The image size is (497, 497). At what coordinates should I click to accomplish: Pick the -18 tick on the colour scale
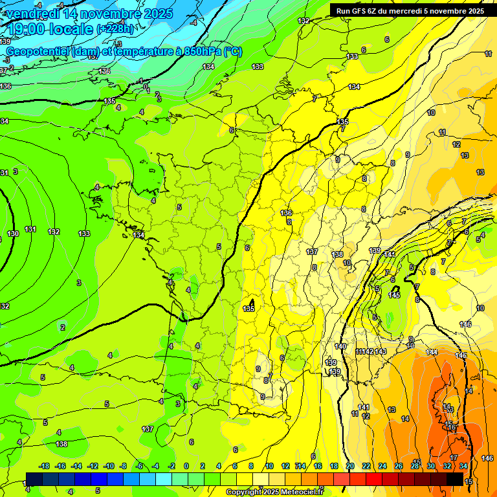coord(45,466)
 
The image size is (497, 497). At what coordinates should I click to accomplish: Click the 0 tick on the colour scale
coord(186,466)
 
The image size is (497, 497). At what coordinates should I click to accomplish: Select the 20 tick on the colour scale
coord(350,466)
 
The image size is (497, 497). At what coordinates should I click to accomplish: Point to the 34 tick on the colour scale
coord(463,466)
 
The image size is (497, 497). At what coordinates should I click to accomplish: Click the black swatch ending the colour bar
coord(455,479)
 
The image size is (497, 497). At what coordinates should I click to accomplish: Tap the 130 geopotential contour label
coord(13,234)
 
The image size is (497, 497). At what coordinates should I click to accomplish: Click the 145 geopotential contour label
coord(393,295)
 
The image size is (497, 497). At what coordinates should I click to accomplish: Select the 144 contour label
coord(432,352)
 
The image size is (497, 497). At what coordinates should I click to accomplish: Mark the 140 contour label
coord(340,347)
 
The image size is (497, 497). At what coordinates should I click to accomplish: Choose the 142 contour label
coord(368,351)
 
